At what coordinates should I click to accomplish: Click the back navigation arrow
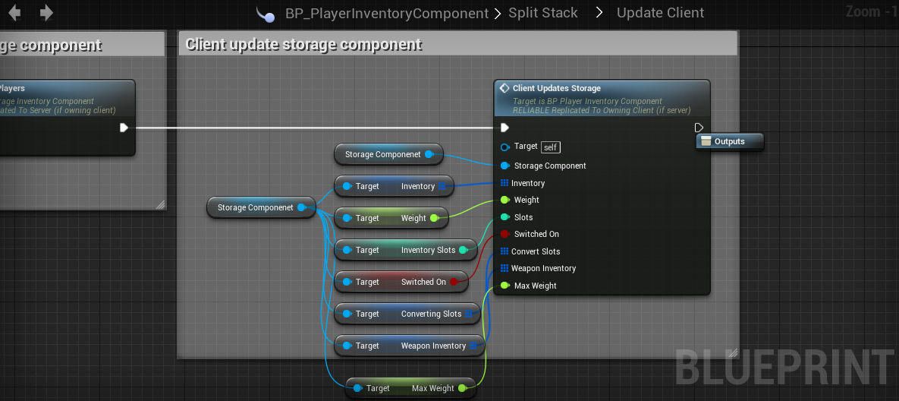click(x=14, y=13)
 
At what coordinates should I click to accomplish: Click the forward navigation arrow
click(x=46, y=13)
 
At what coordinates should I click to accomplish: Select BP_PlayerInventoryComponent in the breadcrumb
click(x=386, y=14)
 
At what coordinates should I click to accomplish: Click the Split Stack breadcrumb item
click(x=542, y=13)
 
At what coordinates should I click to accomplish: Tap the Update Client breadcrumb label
click(x=660, y=13)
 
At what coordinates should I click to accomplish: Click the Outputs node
click(x=729, y=141)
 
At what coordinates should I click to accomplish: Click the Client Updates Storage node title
click(x=556, y=89)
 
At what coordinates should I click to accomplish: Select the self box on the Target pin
click(x=551, y=147)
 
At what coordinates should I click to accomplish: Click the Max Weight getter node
click(x=410, y=388)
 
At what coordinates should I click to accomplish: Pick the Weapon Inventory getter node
click(x=410, y=346)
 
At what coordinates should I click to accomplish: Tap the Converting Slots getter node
click(x=410, y=314)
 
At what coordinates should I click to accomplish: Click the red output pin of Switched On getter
click(x=454, y=282)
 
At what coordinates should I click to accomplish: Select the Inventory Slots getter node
click(x=410, y=250)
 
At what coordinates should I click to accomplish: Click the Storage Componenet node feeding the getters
click(x=256, y=207)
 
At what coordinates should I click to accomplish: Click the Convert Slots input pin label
click(x=536, y=251)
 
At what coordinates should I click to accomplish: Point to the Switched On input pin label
click(x=536, y=234)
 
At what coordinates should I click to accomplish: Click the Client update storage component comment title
click(x=303, y=44)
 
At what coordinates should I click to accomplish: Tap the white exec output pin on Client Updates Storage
click(x=699, y=128)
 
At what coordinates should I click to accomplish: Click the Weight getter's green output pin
click(x=434, y=218)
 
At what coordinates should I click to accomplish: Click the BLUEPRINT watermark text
click(x=785, y=368)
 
